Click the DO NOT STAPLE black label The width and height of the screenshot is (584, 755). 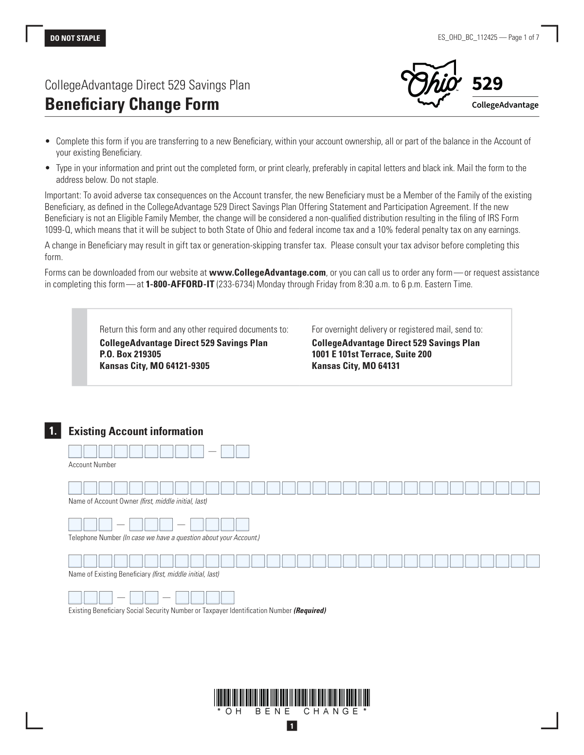point(75,38)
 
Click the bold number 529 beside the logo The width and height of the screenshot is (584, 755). point(487,84)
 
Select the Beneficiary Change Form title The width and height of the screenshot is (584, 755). point(132,105)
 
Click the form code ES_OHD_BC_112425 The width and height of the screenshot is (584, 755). point(467,37)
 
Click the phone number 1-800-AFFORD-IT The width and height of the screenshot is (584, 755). point(180,284)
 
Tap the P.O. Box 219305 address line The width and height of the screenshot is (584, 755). point(130,354)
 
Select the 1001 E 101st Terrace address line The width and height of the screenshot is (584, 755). point(371,354)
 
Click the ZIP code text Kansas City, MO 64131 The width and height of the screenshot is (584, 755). point(355,366)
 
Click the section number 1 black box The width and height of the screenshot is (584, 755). point(53,431)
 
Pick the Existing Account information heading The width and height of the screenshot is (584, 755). point(136,431)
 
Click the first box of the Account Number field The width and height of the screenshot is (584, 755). point(75,452)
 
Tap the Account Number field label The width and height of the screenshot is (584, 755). point(92,465)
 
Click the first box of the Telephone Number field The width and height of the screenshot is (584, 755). point(75,525)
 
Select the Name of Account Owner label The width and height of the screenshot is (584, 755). point(138,501)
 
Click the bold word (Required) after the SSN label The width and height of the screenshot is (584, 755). point(310,611)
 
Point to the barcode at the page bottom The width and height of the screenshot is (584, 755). point(292,698)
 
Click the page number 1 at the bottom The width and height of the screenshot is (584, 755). point(292,726)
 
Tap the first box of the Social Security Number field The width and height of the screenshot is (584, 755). point(75,597)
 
